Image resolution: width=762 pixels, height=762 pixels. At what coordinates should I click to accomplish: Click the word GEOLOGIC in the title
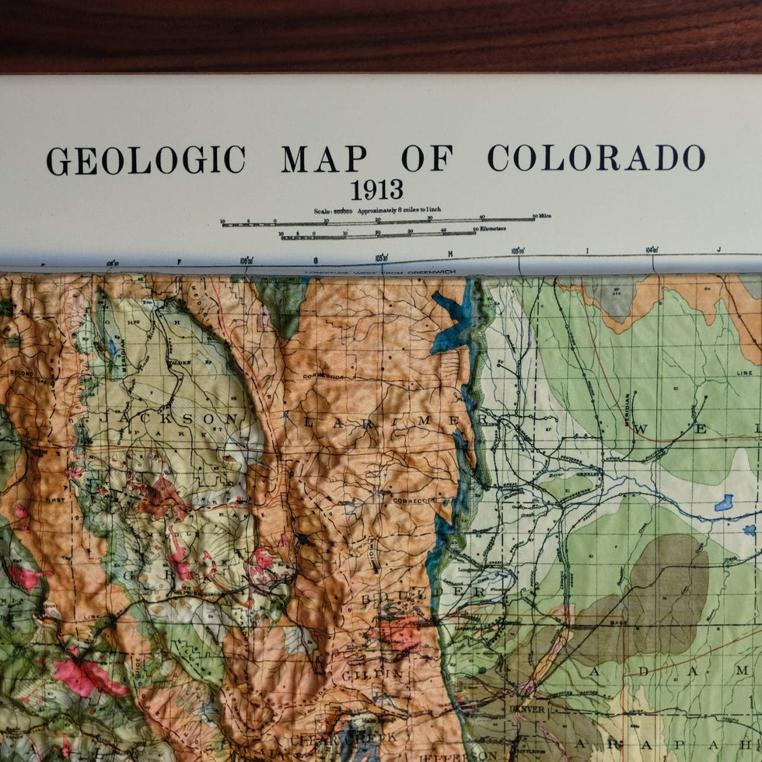(145, 159)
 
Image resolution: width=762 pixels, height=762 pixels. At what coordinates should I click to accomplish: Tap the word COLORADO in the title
(596, 158)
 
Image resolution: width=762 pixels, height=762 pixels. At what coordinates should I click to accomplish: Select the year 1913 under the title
(376, 190)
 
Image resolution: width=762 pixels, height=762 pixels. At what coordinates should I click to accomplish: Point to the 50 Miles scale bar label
(541, 216)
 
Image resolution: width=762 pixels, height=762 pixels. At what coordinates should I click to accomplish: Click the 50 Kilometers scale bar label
(490, 229)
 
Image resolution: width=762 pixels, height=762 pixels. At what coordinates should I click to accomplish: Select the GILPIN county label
(372, 675)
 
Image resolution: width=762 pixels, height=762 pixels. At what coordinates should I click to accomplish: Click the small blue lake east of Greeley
(724, 502)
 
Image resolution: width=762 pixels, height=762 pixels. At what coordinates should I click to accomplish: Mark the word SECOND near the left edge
(21, 374)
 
